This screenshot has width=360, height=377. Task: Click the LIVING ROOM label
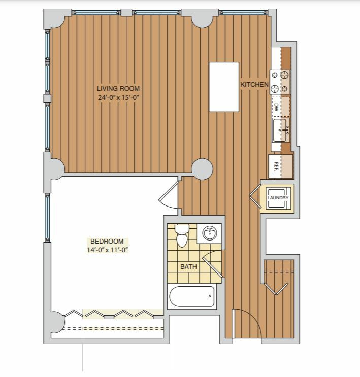coord(118,88)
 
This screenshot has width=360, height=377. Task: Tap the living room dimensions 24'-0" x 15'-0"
coord(119,97)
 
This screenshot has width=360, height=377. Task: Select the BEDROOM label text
coord(107,241)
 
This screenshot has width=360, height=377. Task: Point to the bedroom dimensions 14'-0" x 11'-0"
coord(107,250)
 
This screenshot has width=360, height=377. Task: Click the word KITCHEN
coord(254,84)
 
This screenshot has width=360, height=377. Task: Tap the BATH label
coord(188,266)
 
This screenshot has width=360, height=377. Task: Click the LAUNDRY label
coord(278,198)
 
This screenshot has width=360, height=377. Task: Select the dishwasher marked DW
coord(281,107)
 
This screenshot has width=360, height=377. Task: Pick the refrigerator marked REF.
coord(281,166)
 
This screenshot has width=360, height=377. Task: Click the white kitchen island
coord(224,87)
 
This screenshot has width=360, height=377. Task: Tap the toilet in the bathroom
coord(182,235)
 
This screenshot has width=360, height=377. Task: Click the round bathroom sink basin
coord(210,233)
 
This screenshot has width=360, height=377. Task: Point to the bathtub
coord(192,296)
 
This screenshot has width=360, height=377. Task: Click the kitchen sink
coord(281,130)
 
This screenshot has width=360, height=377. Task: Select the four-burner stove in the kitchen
coord(280,82)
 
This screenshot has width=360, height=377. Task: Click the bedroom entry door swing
coord(169,195)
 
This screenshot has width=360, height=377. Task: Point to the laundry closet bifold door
coord(255,196)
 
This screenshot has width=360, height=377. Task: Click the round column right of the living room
coord(202,169)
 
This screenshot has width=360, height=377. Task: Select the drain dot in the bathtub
coord(210,296)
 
